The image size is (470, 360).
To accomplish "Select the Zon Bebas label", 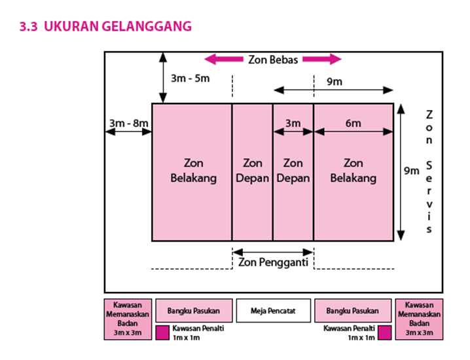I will tap(273, 60).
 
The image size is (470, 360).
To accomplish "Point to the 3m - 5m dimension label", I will tap(190, 79).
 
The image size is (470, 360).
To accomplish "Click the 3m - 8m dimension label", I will tap(128, 122).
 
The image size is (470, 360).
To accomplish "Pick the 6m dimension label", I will tap(353, 122).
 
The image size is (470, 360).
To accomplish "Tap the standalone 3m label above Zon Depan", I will tap(293, 122).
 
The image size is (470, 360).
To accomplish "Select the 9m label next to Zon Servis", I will tap(411, 171).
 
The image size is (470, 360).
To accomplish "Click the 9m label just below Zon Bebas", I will tap(333, 82).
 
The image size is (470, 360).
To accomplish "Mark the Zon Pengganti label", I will tap(273, 262).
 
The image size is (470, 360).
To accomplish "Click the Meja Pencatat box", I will tap(273, 311).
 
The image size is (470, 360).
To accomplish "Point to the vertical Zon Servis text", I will tap(429, 171).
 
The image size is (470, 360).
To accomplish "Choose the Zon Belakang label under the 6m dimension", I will tap(353, 170).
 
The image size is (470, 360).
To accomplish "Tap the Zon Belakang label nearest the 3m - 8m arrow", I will tap(192, 170).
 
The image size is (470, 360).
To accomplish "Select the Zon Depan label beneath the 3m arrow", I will tap(293, 170).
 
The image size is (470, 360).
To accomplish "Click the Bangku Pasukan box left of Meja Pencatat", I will tap(193, 311).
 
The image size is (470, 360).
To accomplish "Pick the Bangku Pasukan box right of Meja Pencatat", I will tap(353, 311).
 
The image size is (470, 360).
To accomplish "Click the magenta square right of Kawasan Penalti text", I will tap(384, 332).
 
